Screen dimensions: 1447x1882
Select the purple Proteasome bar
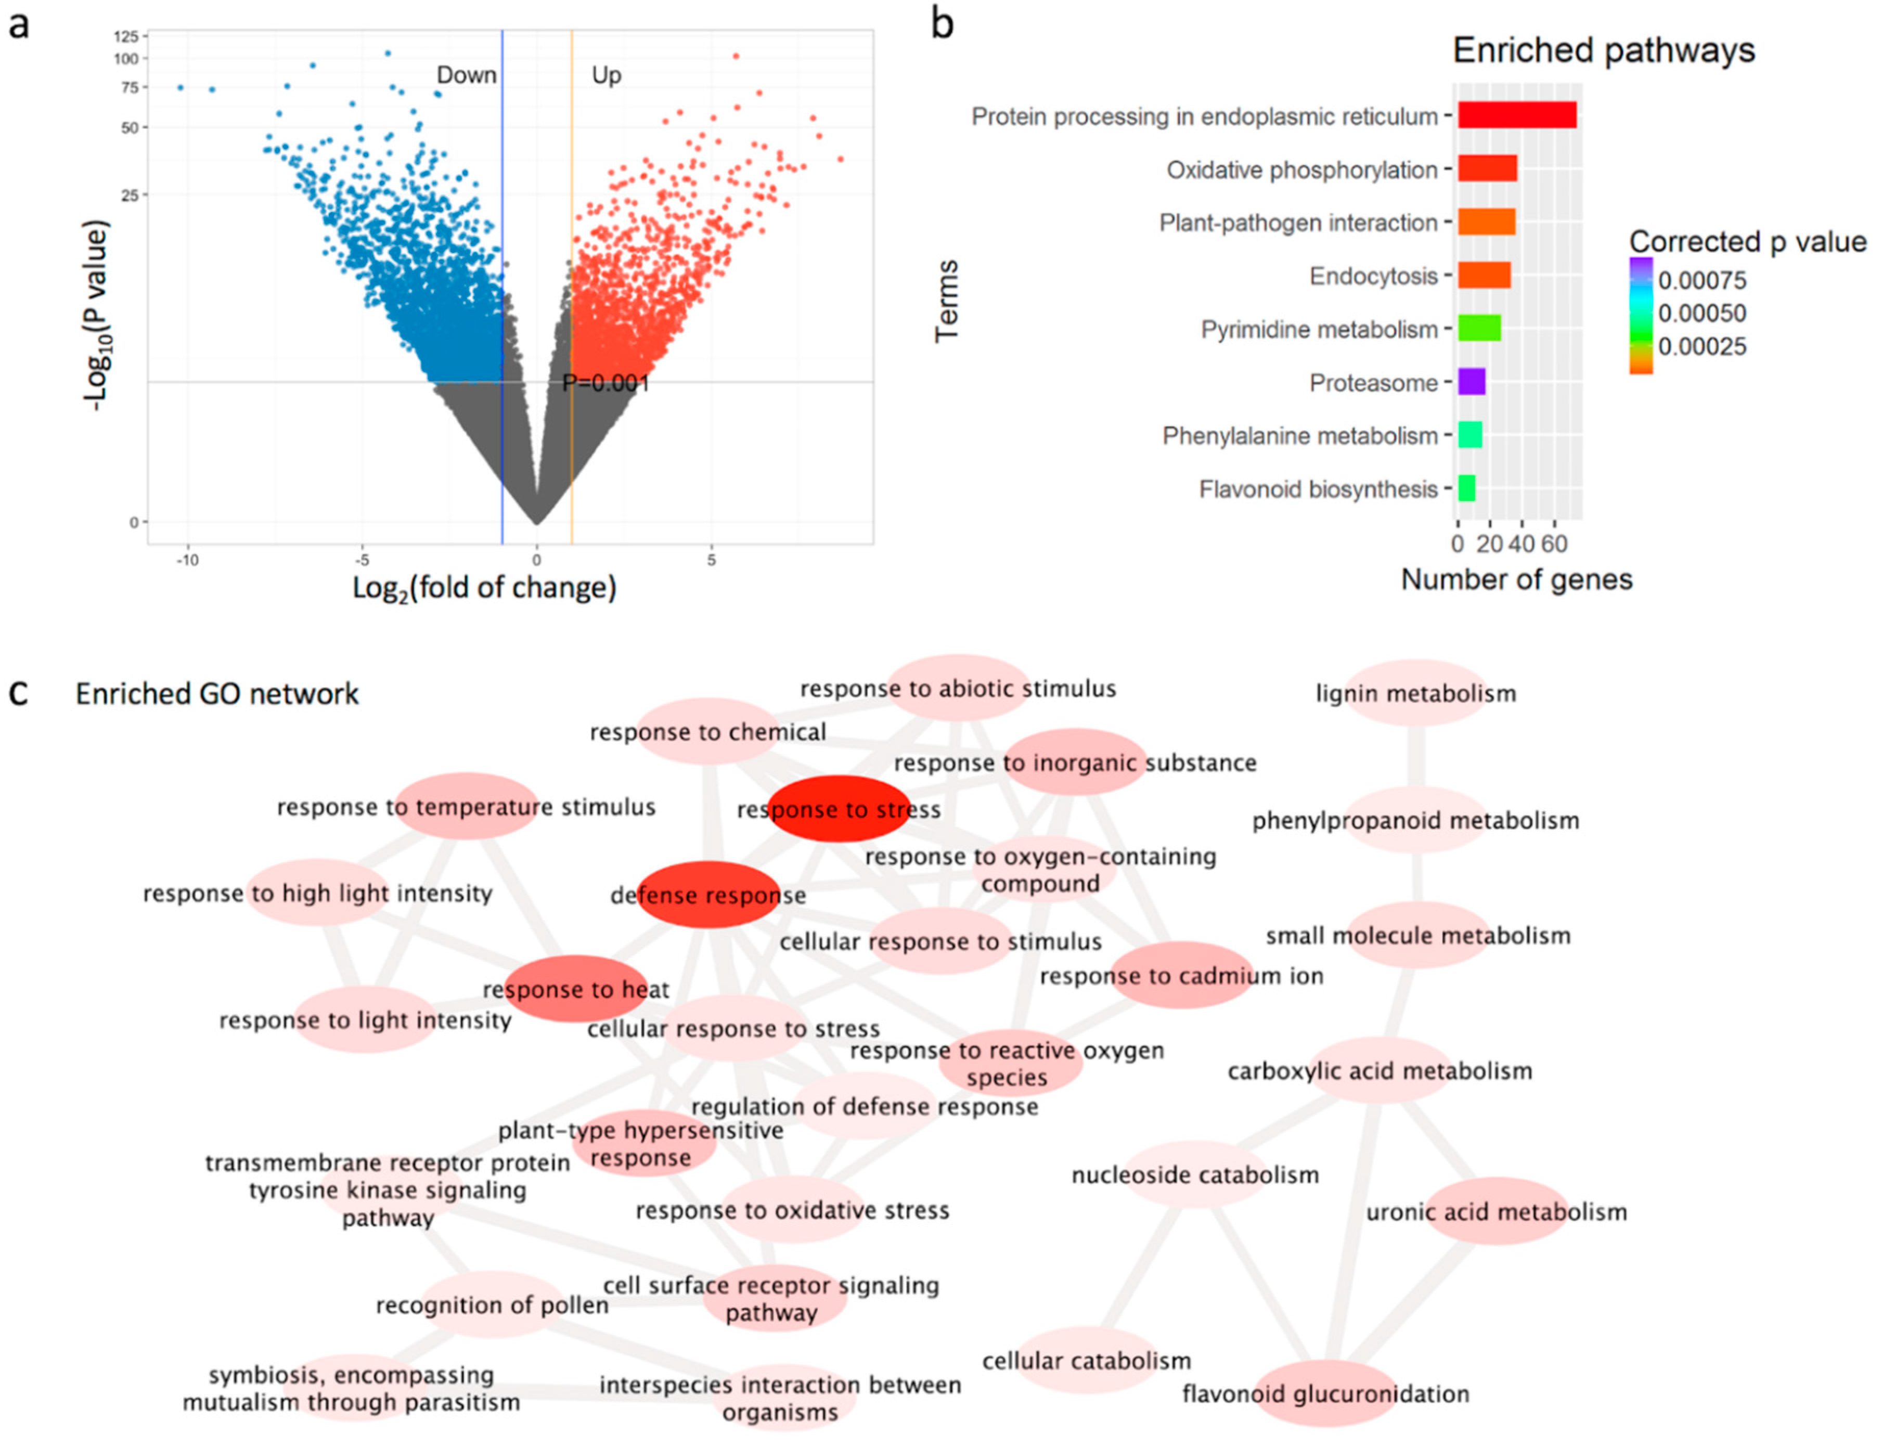click(1471, 382)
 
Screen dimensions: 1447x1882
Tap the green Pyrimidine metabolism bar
click(1479, 328)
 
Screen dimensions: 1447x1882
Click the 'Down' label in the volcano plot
click(466, 76)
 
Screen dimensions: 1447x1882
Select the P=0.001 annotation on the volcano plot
click(605, 382)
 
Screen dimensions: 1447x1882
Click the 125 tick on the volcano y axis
click(126, 36)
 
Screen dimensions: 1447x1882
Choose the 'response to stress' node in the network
click(838, 809)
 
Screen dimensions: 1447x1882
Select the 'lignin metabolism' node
click(1415, 693)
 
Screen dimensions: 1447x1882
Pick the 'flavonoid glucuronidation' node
click(1325, 1393)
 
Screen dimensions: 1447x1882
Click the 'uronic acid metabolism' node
click(1496, 1212)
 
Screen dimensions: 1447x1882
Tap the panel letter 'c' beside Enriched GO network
click(19, 692)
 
